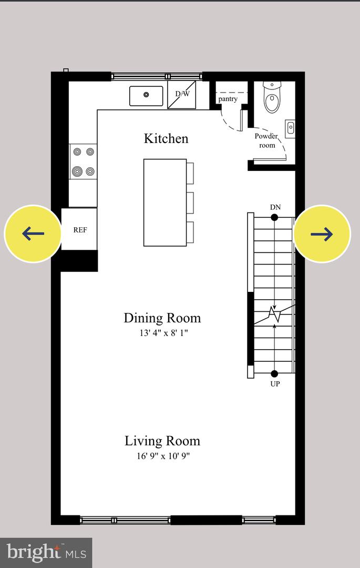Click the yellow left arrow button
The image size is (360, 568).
[33, 234]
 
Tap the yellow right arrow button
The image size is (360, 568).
[322, 234]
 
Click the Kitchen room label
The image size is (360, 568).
[166, 138]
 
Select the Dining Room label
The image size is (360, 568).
[162, 318]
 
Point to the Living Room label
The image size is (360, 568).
[162, 441]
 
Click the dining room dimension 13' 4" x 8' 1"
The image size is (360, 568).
[163, 332]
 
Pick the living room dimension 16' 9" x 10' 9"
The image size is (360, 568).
[163, 455]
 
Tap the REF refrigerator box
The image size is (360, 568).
[79, 229]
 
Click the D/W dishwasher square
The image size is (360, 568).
[182, 95]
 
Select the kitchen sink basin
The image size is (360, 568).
[146, 96]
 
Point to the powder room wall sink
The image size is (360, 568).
[290, 128]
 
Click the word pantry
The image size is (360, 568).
[228, 98]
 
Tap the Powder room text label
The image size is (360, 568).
[266, 140]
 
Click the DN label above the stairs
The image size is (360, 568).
[275, 207]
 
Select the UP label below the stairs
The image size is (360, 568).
[275, 383]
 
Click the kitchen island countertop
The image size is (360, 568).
[165, 202]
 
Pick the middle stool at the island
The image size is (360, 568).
[190, 203]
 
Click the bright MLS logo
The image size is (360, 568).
[46, 552]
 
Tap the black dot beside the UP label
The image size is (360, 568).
[275, 373]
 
